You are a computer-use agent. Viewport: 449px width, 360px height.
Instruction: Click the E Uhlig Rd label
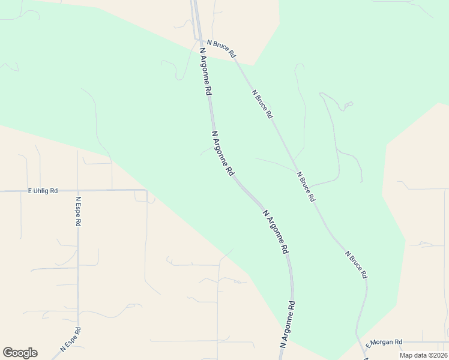point(43,191)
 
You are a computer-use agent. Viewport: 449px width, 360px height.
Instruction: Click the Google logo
point(20,353)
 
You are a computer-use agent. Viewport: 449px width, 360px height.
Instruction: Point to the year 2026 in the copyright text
point(437,355)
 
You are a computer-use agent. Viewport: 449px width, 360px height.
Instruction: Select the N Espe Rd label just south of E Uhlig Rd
point(78,211)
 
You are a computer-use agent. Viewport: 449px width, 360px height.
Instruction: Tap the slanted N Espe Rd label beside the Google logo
point(71,340)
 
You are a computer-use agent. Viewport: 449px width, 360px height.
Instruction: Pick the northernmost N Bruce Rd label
point(221,48)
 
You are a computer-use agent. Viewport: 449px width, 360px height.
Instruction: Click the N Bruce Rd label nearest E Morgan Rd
point(356,264)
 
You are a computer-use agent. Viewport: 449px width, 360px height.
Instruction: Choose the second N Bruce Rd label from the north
point(263,103)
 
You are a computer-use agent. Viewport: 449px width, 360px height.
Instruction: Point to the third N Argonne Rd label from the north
point(276,231)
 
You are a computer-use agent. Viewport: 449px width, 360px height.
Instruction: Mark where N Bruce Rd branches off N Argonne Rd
point(199,40)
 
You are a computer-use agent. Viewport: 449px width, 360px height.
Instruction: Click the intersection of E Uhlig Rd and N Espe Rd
point(78,191)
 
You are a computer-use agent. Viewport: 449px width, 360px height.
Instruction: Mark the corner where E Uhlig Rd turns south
point(146,191)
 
